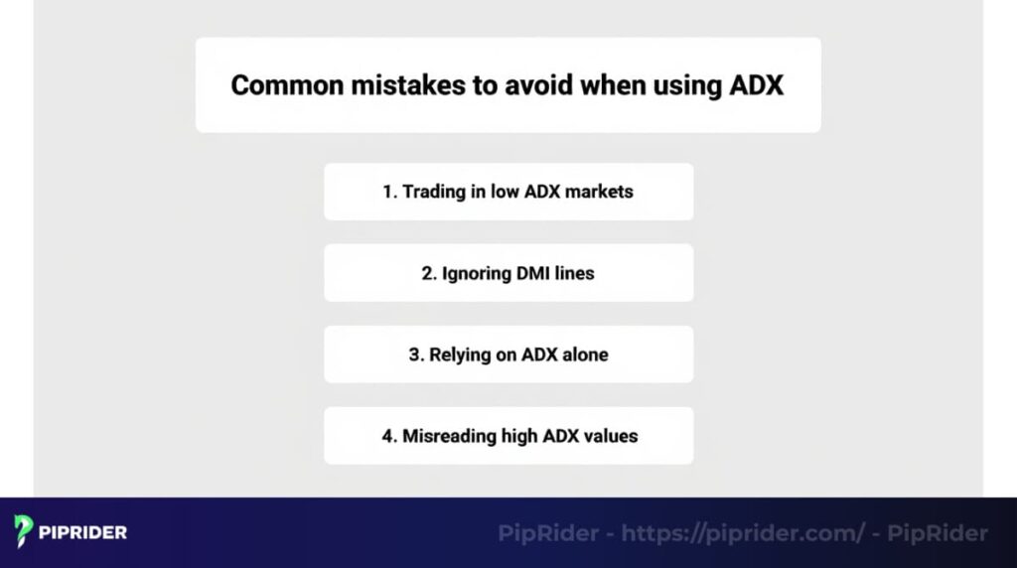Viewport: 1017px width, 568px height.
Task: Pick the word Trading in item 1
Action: [x=435, y=192]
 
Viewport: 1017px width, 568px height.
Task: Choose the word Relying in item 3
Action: [x=460, y=355]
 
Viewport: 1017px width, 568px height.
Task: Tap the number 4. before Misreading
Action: [x=389, y=436]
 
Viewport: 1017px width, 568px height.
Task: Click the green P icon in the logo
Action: [x=25, y=531]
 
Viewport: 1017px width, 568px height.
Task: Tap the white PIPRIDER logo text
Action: [x=82, y=532]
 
